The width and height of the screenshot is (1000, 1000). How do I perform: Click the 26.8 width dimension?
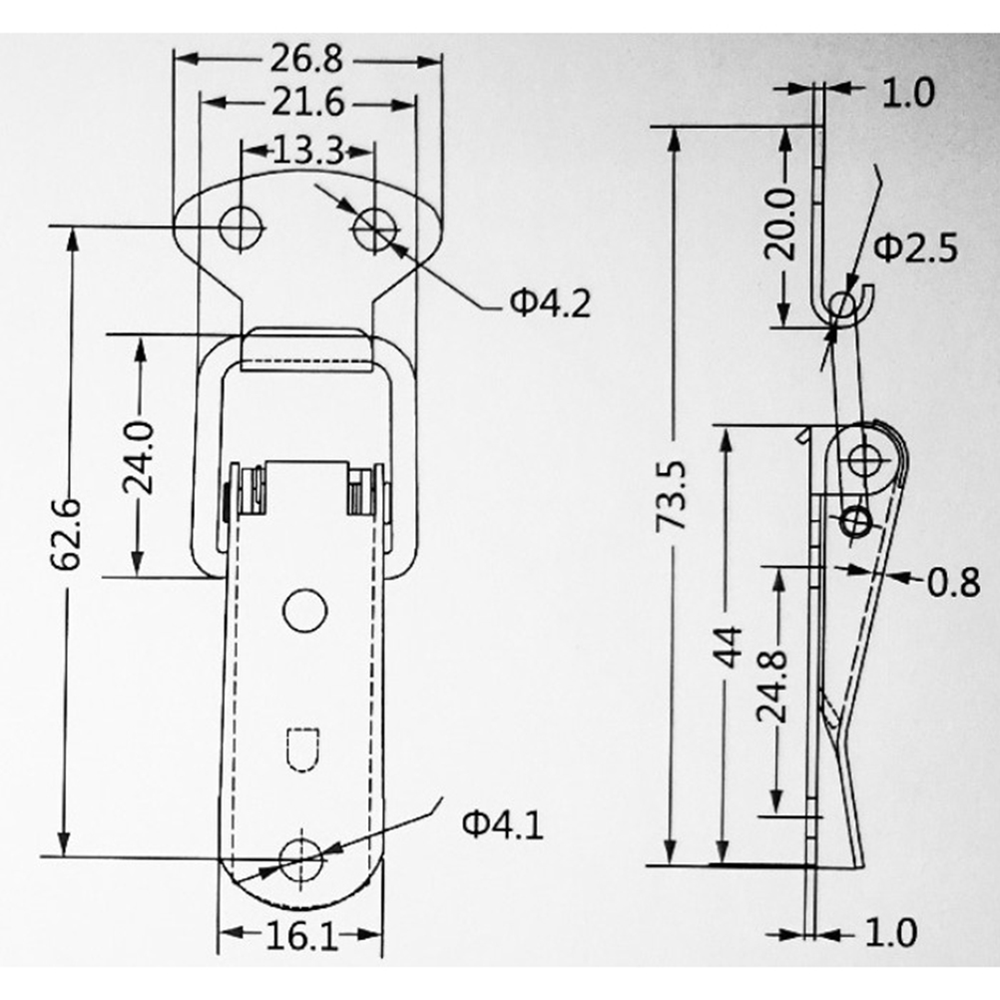click(x=306, y=59)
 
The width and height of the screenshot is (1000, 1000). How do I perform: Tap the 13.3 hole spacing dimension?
click(x=308, y=151)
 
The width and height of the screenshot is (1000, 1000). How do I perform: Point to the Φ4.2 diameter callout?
click(x=550, y=303)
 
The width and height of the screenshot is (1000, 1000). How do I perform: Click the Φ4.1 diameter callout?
click(x=503, y=824)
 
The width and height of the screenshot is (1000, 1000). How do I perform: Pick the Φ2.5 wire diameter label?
click(x=916, y=248)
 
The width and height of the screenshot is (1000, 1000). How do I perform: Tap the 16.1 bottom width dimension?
click(x=301, y=936)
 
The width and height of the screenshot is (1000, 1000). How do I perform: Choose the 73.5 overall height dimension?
click(x=672, y=496)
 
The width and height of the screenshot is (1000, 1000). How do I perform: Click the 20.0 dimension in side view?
click(x=780, y=224)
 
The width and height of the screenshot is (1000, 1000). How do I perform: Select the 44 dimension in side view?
click(x=729, y=648)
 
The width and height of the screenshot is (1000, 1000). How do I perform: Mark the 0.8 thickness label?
click(x=953, y=582)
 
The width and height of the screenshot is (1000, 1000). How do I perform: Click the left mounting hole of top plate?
click(x=242, y=227)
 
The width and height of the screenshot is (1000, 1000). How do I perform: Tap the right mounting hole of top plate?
click(x=375, y=229)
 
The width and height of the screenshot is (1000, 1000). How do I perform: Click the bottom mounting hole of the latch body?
click(x=301, y=859)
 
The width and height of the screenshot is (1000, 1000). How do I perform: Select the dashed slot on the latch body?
click(x=302, y=749)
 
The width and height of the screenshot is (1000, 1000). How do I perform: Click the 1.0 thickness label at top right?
click(x=907, y=93)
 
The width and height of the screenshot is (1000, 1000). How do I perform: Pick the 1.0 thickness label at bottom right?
click(x=891, y=932)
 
